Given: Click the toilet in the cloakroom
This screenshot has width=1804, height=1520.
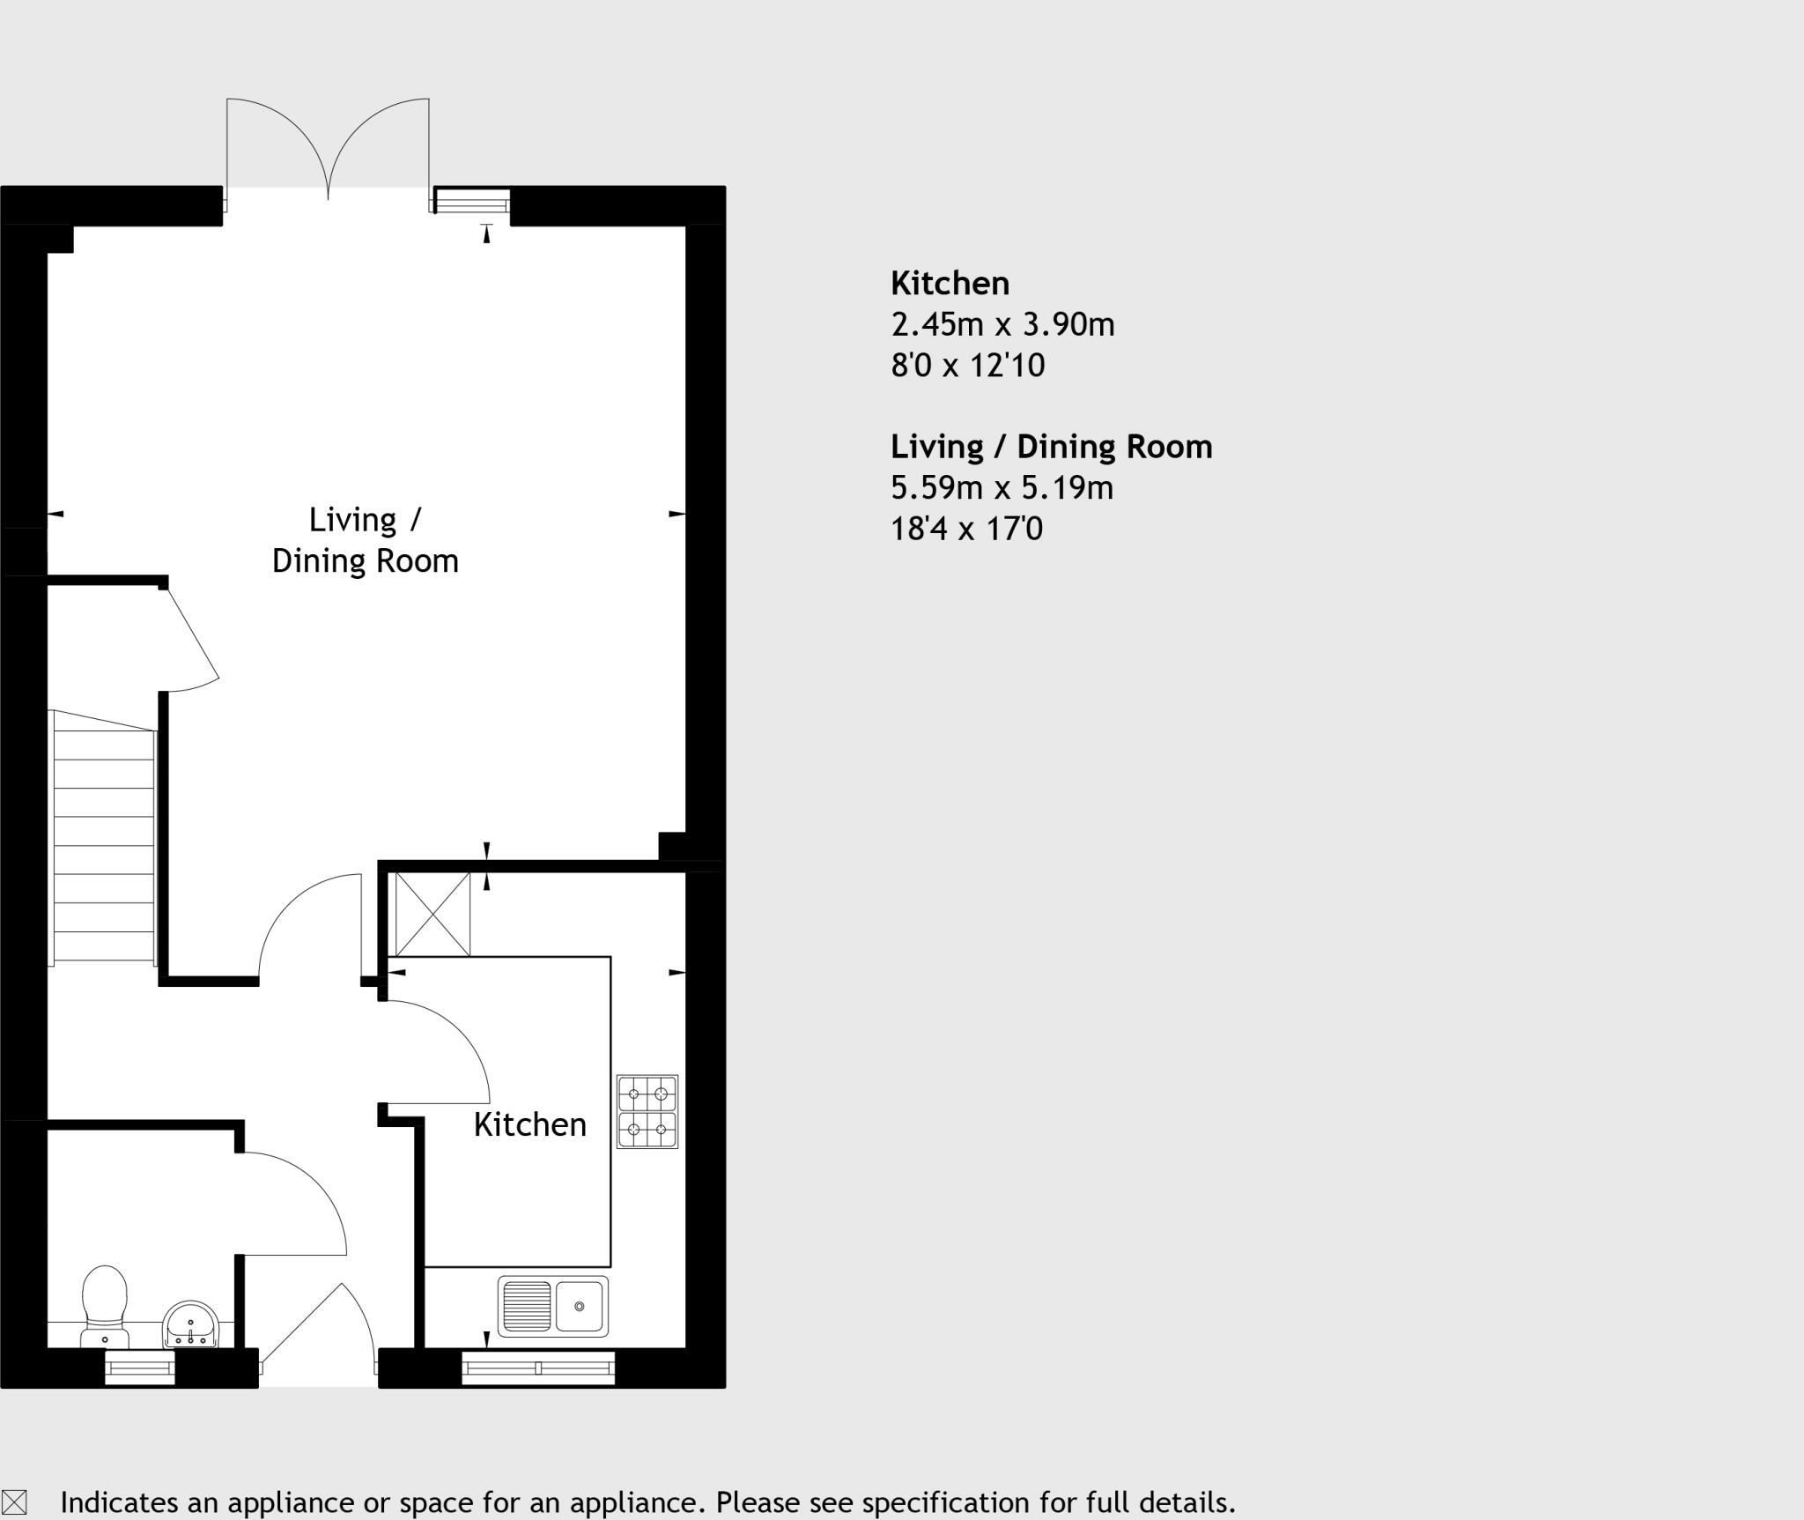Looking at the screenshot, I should tap(105, 1303).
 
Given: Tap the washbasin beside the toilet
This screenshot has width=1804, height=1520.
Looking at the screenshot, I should tap(190, 1324).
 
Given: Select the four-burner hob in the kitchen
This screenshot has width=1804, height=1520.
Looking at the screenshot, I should tap(647, 1111).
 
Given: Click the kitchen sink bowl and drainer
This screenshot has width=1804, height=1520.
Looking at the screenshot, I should tap(553, 1305).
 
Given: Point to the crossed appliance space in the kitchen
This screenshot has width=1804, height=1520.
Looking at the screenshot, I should tap(433, 914).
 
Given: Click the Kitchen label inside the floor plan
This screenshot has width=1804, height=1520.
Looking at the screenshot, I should tap(529, 1125).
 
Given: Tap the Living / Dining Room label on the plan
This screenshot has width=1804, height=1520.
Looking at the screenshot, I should tap(365, 540).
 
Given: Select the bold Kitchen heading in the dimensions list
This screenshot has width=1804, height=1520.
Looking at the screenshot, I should tap(950, 284).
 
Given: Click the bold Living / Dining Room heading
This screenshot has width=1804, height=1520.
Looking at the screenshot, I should tap(1051, 447).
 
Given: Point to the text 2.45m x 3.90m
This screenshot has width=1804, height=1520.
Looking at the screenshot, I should tap(1002, 325).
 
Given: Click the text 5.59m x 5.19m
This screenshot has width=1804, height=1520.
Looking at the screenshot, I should tap(1002, 487).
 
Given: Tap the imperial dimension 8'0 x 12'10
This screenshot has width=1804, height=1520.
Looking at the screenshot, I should tap(967, 365).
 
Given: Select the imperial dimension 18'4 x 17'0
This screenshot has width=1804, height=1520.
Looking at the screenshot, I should tap(966, 529).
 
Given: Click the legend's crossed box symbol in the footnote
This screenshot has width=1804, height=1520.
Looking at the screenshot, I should tap(15, 1502).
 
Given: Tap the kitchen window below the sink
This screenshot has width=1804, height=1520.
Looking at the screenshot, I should tap(538, 1368).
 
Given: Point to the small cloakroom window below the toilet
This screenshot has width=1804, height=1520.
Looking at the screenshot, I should tap(140, 1368).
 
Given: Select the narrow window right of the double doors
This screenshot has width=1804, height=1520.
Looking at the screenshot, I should tap(472, 202).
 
